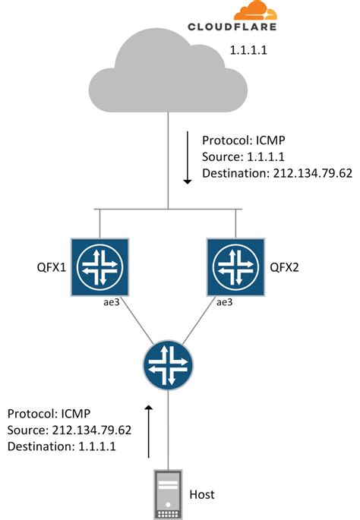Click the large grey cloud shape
pyautogui.click(x=168, y=72)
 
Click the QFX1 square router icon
pyautogui.click(x=99, y=267)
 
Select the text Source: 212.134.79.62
pyautogui.click(x=70, y=430)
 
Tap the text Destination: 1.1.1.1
pyautogui.click(x=61, y=446)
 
